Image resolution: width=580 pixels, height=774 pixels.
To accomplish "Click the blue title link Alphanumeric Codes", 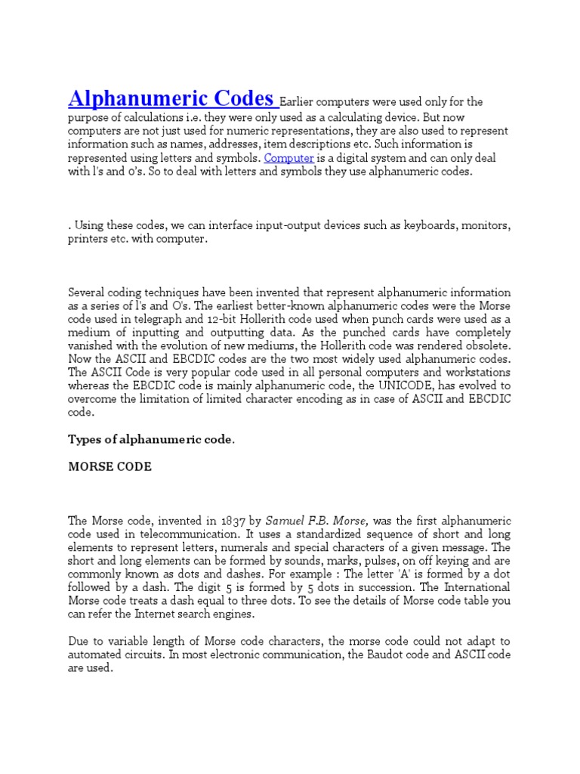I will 172,98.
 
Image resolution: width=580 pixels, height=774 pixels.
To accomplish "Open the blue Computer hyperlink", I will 288,158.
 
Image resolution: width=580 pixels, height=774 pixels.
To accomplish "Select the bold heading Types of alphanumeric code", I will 151,439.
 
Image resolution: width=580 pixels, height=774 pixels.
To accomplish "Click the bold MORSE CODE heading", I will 110,466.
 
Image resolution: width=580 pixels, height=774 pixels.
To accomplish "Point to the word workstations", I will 474,373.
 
